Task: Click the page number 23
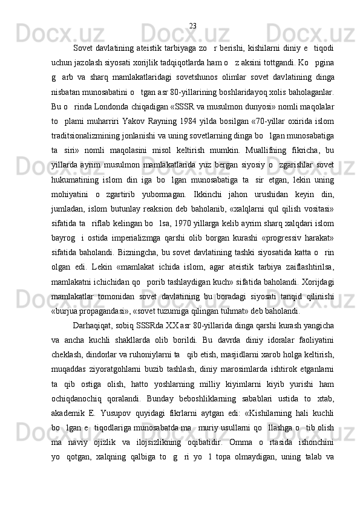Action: (192, 25)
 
